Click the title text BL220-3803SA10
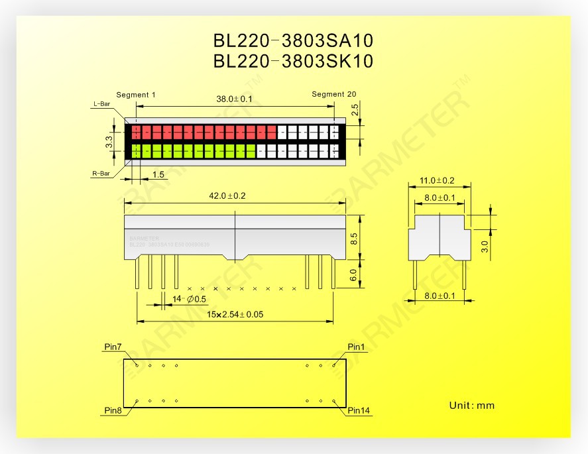click(x=294, y=40)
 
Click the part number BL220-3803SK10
click(x=294, y=61)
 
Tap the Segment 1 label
click(x=136, y=95)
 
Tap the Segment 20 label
click(x=333, y=95)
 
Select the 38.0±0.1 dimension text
click(x=235, y=99)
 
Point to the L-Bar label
click(x=101, y=104)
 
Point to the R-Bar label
click(x=101, y=174)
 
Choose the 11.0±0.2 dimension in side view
click(x=438, y=180)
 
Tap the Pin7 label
click(x=113, y=347)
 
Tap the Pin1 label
click(x=357, y=347)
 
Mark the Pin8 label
click(x=113, y=411)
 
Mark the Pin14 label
click(x=359, y=411)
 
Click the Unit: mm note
click(x=471, y=406)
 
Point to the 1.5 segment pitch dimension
click(x=158, y=174)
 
